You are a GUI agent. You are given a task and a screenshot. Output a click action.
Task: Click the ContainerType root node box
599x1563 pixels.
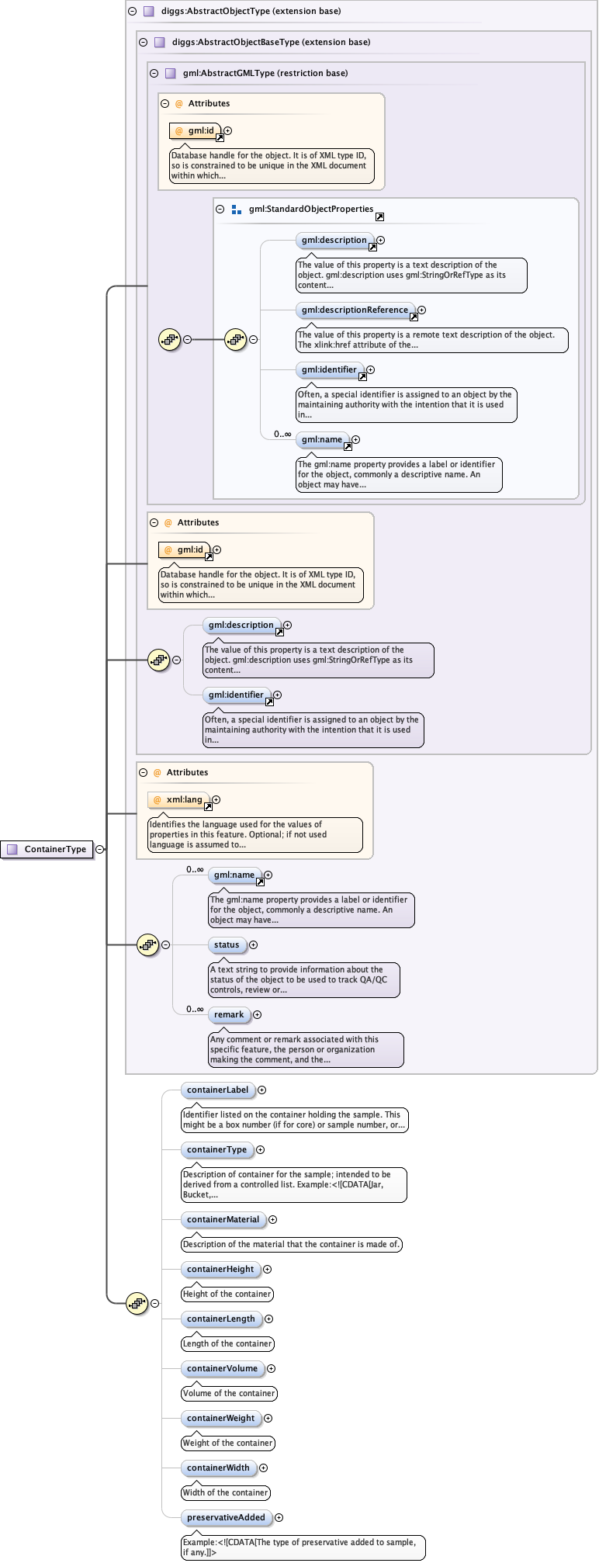pyautogui.click(x=47, y=849)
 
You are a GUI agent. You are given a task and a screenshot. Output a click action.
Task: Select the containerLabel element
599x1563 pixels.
pyautogui.click(x=217, y=1090)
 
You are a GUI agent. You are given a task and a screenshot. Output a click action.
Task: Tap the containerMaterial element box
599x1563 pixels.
pyautogui.click(x=223, y=1219)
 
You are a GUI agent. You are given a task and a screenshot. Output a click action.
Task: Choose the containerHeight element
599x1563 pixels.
pyautogui.click(x=220, y=1269)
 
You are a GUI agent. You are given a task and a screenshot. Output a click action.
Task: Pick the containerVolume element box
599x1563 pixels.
pyautogui.click(x=222, y=1368)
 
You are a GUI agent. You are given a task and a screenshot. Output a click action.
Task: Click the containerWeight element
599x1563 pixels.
pyautogui.click(x=220, y=1418)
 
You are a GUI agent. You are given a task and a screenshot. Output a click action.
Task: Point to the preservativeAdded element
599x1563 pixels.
pyautogui.click(x=226, y=1517)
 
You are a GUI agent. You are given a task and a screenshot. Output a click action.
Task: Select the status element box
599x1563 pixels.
pyautogui.click(x=227, y=944)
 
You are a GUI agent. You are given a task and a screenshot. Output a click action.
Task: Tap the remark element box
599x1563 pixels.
pyautogui.click(x=229, y=1014)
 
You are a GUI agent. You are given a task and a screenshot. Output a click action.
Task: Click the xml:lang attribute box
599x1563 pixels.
pyautogui.click(x=179, y=799)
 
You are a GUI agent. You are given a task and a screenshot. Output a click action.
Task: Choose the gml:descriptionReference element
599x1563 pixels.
pyautogui.click(x=355, y=310)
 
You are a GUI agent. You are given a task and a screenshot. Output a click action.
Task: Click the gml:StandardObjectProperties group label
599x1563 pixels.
pyautogui.click(x=310, y=209)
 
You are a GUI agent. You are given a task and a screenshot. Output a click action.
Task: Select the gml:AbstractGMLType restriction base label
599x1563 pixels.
pyautogui.click(x=265, y=73)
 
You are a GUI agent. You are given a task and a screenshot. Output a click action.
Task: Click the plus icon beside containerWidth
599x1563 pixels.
pyautogui.click(x=263, y=1468)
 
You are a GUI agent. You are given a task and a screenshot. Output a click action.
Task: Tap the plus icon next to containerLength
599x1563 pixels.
pyautogui.click(x=268, y=1319)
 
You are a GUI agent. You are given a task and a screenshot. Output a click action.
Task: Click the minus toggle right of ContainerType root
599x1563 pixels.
pyautogui.click(x=100, y=849)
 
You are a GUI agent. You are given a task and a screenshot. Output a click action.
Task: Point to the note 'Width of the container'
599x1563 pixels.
pyautogui.click(x=226, y=1492)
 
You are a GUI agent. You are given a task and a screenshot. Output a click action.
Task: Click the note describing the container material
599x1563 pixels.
pyautogui.click(x=292, y=1244)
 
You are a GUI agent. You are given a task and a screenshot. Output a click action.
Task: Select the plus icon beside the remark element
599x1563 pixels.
pyautogui.click(x=257, y=1014)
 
